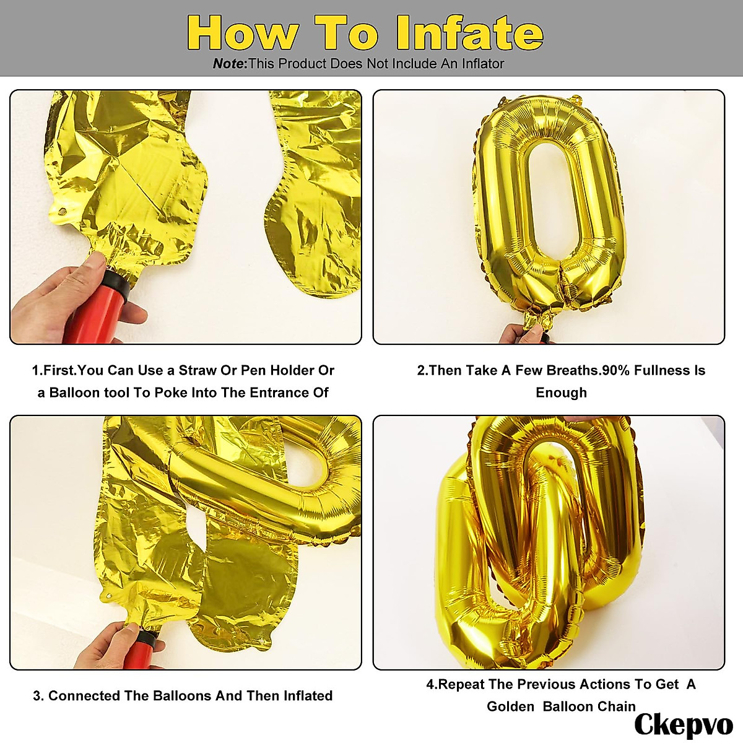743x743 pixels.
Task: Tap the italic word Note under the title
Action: (x=228, y=64)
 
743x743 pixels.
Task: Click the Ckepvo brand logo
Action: (x=683, y=724)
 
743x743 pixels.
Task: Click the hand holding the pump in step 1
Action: (x=56, y=297)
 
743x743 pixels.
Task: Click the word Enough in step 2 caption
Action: (x=561, y=393)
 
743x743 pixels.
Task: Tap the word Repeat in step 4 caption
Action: (x=461, y=684)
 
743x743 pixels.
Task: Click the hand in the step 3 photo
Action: (x=118, y=644)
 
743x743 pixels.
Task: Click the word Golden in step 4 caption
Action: (x=510, y=706)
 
